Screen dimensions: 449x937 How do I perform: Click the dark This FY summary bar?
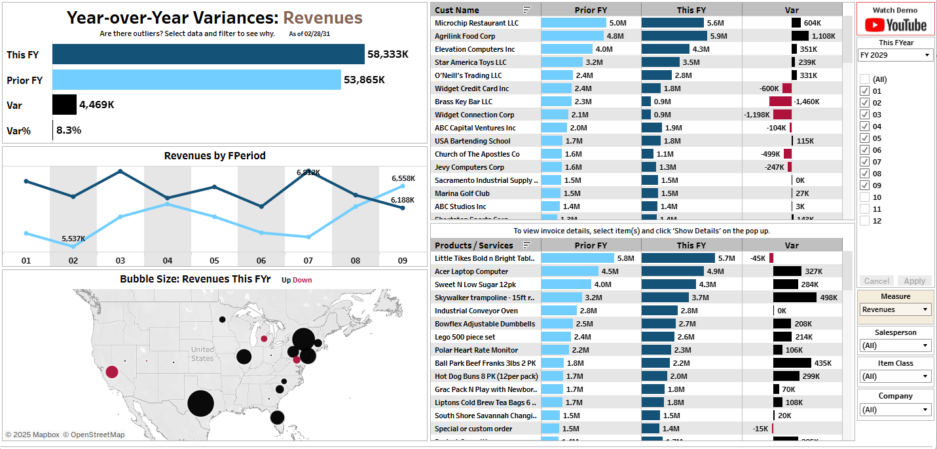[208, 54]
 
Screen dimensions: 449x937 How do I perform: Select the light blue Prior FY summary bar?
[196, 80]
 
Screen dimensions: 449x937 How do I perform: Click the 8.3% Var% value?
[69, 130]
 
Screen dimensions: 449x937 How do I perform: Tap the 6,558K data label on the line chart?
[403, 178]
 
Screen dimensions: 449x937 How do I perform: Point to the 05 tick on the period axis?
[214, 260]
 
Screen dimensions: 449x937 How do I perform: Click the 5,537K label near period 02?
[73, 239]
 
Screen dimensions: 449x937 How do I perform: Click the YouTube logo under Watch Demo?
[896, 25]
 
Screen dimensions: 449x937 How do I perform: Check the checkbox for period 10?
[865, 197]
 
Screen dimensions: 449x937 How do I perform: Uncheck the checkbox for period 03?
[865, 115]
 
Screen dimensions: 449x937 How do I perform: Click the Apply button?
[914, 281]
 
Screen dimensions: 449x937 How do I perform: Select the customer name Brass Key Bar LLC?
[464, 102]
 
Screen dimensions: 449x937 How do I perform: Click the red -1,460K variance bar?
[781, 102]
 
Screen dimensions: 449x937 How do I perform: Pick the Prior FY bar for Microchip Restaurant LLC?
[574, 23]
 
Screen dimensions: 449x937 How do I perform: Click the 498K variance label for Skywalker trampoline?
[829, 298]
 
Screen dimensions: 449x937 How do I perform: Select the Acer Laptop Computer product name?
[471, 271]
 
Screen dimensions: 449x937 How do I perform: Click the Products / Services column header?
[474, 245]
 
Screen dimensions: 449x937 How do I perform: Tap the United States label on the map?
[202, 354]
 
